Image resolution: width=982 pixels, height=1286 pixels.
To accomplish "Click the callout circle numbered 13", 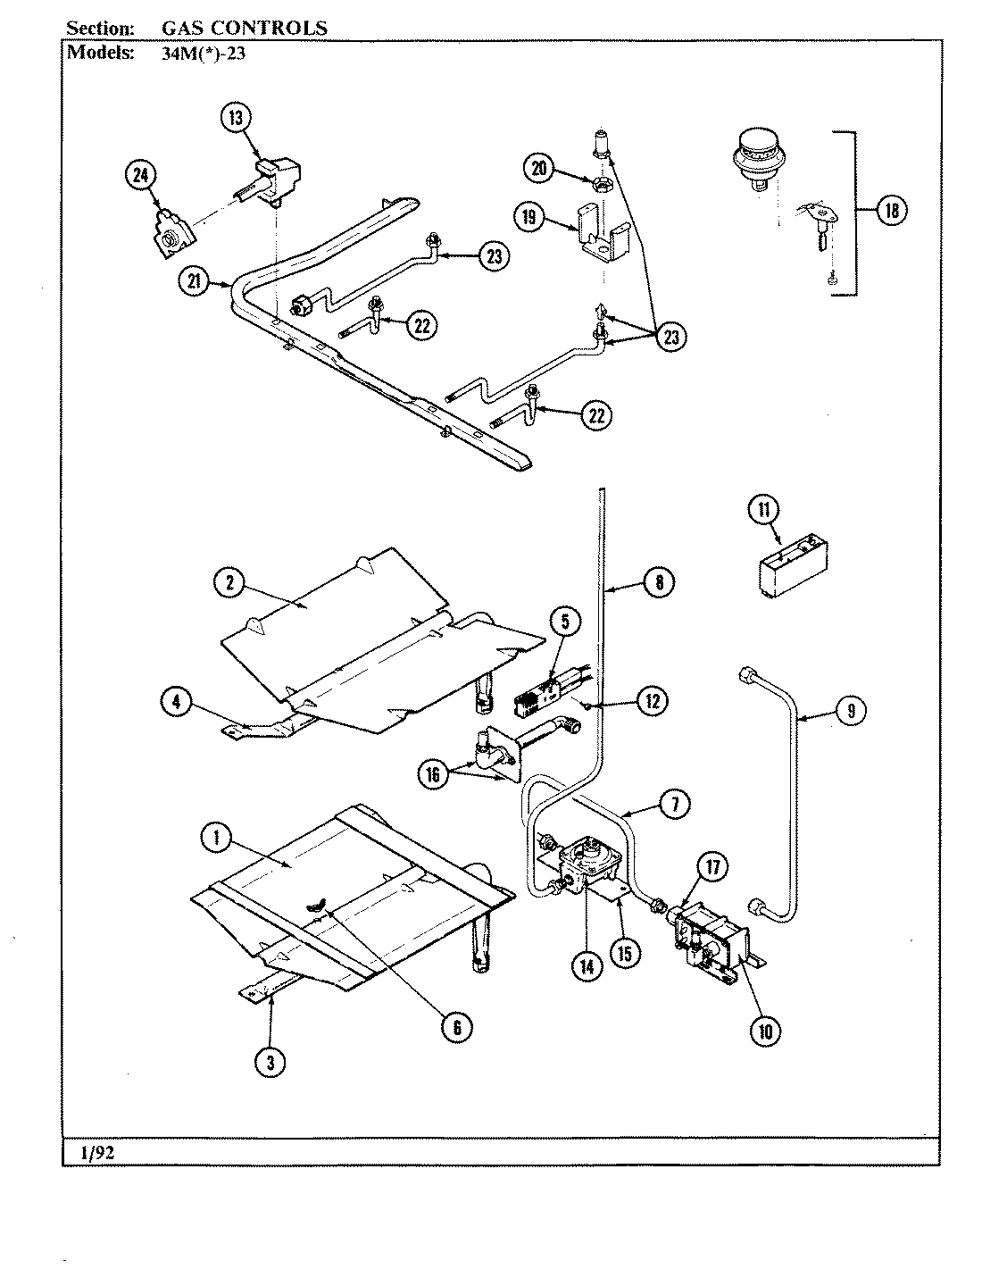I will coord(237,119).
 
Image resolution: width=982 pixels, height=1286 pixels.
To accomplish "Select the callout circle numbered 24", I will coord(141,176).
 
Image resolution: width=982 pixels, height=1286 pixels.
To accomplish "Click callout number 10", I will coord(765,1031).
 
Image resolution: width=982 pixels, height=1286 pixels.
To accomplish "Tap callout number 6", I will coord(456,1027).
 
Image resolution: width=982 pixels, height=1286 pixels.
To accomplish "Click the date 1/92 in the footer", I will coord(97,1153).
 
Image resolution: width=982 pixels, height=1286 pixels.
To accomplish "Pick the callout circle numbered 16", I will coord(434,774).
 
